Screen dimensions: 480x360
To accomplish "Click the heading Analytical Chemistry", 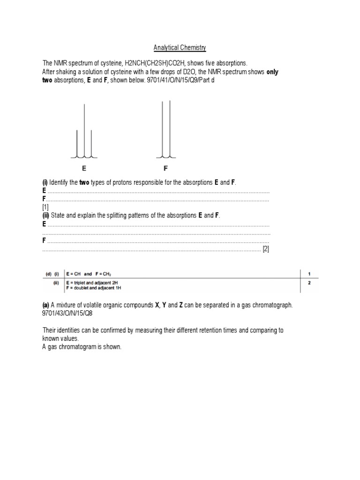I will [x=180, y=48].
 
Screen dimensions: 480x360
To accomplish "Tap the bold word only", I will [x=273, y=72].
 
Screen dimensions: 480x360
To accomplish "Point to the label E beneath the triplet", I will [x=84, y=168].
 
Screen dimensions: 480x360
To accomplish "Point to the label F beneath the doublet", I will [x=165, y=168].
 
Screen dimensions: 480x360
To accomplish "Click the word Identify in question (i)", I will [x=60, y=182].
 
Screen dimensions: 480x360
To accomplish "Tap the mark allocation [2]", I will [x=266, y=249].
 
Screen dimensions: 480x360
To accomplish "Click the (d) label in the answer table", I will [x=47, y=274].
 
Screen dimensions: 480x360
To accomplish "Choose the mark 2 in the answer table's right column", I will [x=309, y=283].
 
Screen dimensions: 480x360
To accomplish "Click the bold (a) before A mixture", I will [x=46, y=305].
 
